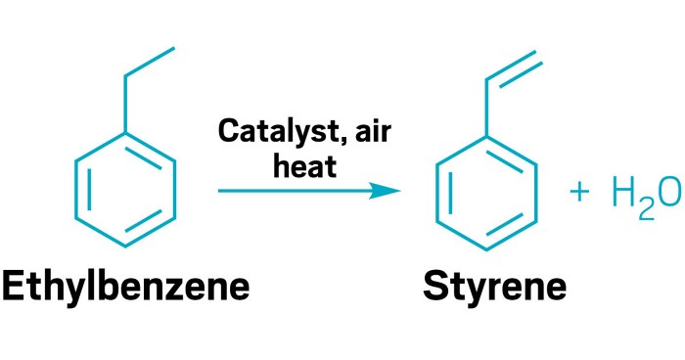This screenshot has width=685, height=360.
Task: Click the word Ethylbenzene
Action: [125, 286]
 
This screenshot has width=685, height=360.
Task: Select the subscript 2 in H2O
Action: [645, 208]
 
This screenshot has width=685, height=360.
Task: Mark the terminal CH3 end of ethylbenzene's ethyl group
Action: [175, 47]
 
